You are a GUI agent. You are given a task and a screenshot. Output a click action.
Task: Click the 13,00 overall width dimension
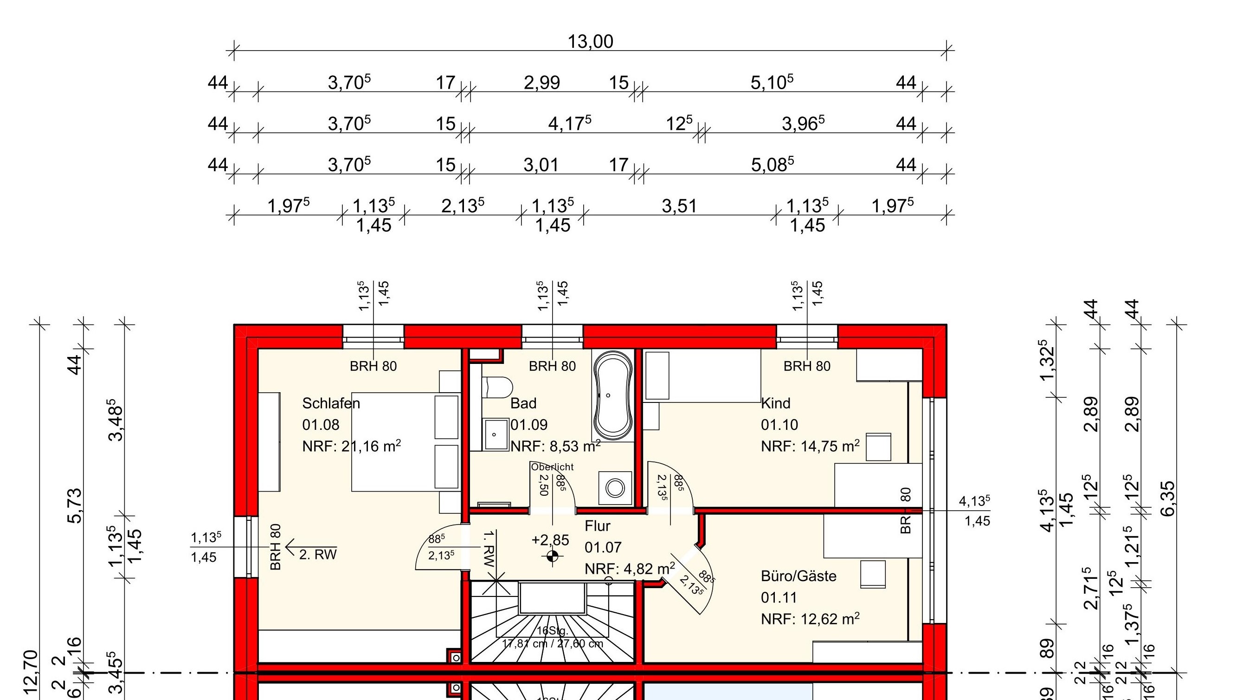(590, 42)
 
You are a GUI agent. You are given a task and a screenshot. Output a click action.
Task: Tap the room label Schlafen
(331, 403)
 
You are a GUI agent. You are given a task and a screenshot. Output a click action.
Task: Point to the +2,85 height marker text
(550, 540)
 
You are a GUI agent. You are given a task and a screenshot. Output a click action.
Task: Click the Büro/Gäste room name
(798, 576)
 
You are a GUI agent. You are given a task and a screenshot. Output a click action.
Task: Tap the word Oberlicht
(552, 467)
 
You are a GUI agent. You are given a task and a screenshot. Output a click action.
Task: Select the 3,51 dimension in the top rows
(679, 207)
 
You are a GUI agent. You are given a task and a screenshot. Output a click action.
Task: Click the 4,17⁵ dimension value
(569, 123)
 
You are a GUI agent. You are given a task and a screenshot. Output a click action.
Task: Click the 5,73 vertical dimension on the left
(75, 506)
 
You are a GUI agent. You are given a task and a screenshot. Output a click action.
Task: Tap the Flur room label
(598, 526)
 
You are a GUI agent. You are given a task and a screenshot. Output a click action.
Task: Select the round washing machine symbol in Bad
(615, 488)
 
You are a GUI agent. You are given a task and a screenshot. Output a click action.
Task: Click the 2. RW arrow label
(317, 555)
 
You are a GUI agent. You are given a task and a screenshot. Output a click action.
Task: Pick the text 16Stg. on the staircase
(553, 630)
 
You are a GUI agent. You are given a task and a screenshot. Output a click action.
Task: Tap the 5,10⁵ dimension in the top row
(771, 83)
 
